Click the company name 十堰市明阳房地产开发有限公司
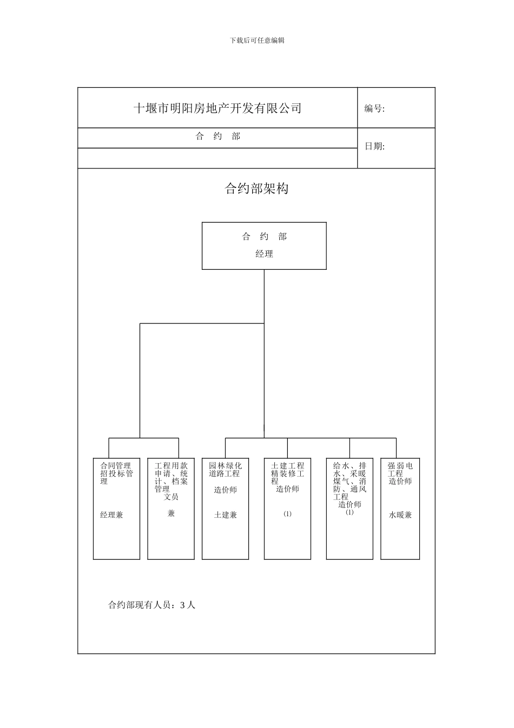click(218, 108)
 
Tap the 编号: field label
click(374, 109)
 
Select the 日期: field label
click(374, 146)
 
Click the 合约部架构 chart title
click(256, 188)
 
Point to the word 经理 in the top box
click(264, 254)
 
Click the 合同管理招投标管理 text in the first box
click(116, 473)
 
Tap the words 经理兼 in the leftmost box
click(111, 515)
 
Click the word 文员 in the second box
click(171, 497)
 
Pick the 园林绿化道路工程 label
click(225, 470)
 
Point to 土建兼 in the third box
click(225, 515)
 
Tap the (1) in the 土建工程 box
click(287, 514)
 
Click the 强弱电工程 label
click(400, 470)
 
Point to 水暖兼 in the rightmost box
click(400, 515)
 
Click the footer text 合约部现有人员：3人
click(151, 605)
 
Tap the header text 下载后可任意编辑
click(257, 40)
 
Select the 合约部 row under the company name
click(218, 136)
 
